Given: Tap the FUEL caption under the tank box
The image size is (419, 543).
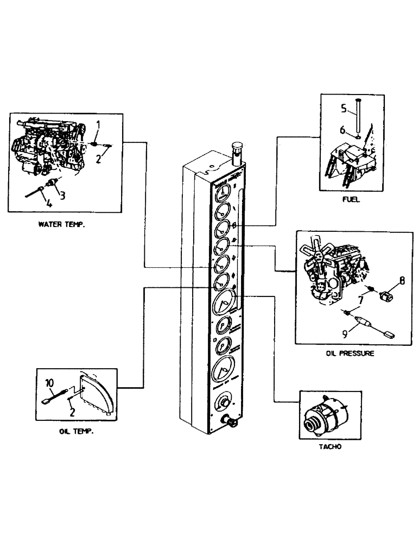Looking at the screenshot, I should point(351,200).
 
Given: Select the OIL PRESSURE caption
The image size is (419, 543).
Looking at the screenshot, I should point(350,353).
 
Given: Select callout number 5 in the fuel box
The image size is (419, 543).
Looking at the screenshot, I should point(342,108).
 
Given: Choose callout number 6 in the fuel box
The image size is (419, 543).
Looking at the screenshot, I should point(342,129).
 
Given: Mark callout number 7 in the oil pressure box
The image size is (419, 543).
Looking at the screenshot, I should point(360,300).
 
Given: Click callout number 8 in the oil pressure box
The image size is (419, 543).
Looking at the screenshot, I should point(402,281).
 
